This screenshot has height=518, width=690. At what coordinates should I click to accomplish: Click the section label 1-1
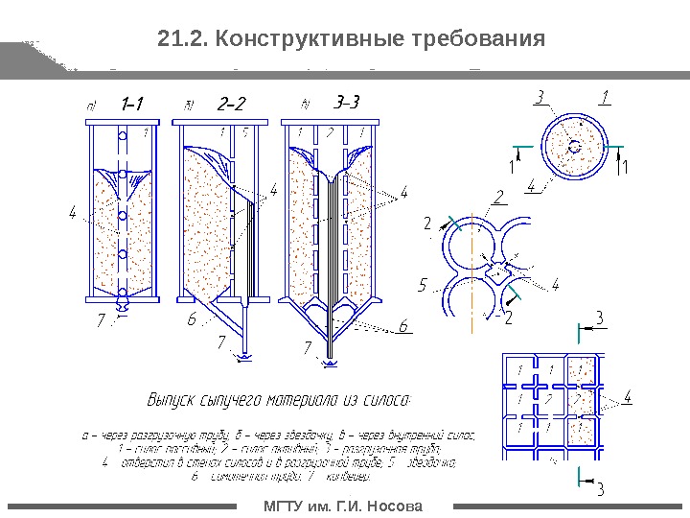pos(132,102)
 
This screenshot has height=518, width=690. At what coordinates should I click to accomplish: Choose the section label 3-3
pos(345,102)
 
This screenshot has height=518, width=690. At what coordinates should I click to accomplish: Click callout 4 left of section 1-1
pos(72,213)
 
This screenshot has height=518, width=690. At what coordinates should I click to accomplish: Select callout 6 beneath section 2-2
pos(192,319)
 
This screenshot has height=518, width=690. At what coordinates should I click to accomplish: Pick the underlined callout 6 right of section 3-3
pos(403,326)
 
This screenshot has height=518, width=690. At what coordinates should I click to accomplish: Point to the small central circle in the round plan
pos(574,147)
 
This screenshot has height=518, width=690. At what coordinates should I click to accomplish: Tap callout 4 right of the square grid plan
pos(628,394)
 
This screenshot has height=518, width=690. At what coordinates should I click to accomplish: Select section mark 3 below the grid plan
pos(601,491)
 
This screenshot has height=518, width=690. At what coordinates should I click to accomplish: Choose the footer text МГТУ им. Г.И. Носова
pos(343,506)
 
